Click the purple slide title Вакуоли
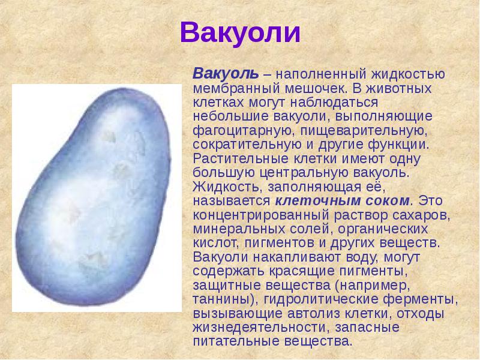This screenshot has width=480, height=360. [240, 33]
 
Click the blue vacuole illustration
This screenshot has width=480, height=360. [97, 198]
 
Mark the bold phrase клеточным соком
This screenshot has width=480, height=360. [344, 200]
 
